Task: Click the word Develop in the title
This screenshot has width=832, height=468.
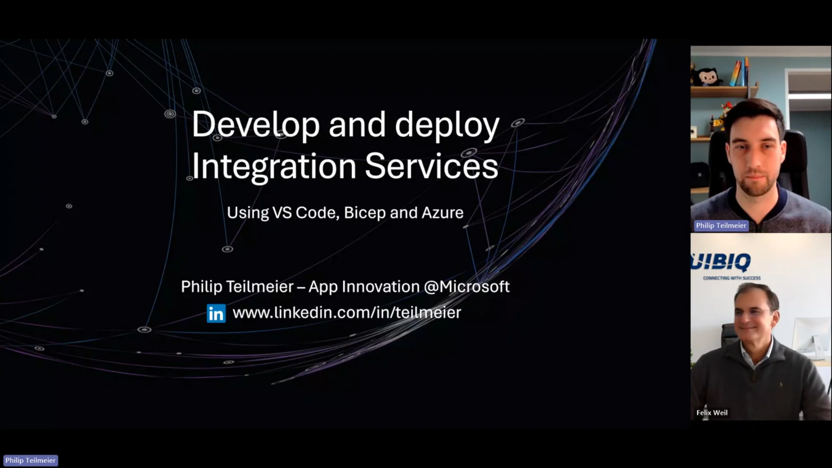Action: coord(256,125)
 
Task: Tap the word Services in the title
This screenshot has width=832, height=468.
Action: coord(432,167)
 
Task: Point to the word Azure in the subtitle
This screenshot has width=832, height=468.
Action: coord(442,213)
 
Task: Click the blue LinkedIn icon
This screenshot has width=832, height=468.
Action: coord(216,313)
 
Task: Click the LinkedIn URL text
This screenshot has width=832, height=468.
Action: coord(347,312)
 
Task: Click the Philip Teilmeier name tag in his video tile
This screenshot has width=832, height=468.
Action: coord(721,225)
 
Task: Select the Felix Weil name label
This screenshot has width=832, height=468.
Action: coord(712,413)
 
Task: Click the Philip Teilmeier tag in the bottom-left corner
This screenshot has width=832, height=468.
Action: coord(30,460)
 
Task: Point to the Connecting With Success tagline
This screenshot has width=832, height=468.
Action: coord(731,278)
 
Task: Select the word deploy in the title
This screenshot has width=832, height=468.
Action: coord(447,125)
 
